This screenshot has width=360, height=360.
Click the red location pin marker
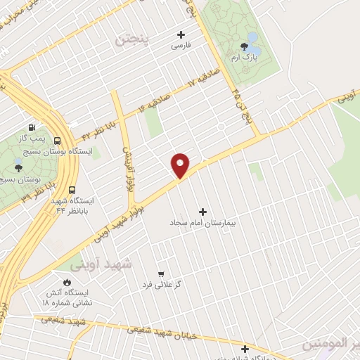pyautogui.click(x=181, y=165)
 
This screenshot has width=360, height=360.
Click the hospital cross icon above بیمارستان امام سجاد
pyautogui.click(x=204, y=211)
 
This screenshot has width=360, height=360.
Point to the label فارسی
pyautogui.click(x=181, y=46)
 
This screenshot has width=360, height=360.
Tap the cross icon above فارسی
pyautogui.click(x=181, y=34)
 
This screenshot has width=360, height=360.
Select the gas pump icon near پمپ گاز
pyautogui.click(x=32, y=128)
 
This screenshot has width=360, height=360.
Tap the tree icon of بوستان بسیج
pyautogui.click(x=17, y=168)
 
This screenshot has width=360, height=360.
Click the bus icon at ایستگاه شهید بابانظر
pyautogui.click(x=72, y=190)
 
